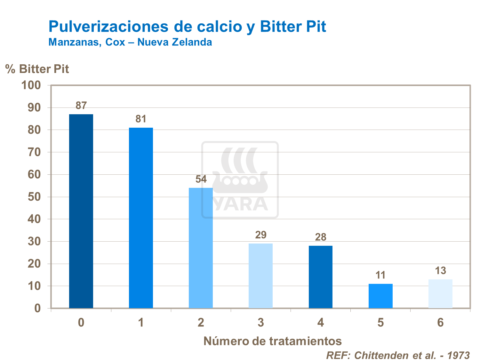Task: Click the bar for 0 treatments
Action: pyautogui.click(x=81, y=211)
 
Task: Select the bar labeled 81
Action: pyautogui.click(x=141, y=218)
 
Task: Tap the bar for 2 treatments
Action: pyautogui.click(x=201, y=248)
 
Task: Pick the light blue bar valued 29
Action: pyautogui.click(x=260, y=276)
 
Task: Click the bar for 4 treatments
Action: pyautogui.click(x=320, y=277)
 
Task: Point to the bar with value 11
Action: pyautogui.click(x=380, y=296)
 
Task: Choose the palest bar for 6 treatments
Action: pyautogui.click(x=440, y=294)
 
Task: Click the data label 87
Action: pyautogui.click(x=81, y=106)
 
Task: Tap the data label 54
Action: pyautogui.click(x=201, y=179)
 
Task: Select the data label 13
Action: pyautogui.click(x=440, y=271)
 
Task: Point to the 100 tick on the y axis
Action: pyautogui.click(x=31, y=85)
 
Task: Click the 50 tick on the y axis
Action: pyautogui.click(x=34, y=197)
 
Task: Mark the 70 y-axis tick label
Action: pyautogui.click(x=34, y=152)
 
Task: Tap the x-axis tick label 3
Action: pyautogui.click(x=260, y=323)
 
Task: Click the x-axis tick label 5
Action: pyautogui.click(x=380, y=323)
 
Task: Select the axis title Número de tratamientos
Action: pyautogui.click(x=272, y=341)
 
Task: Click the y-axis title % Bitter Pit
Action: pyautogui.click(x=37, y=69)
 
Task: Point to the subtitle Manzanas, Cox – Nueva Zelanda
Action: pyautogui.click(x=130, y=42)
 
